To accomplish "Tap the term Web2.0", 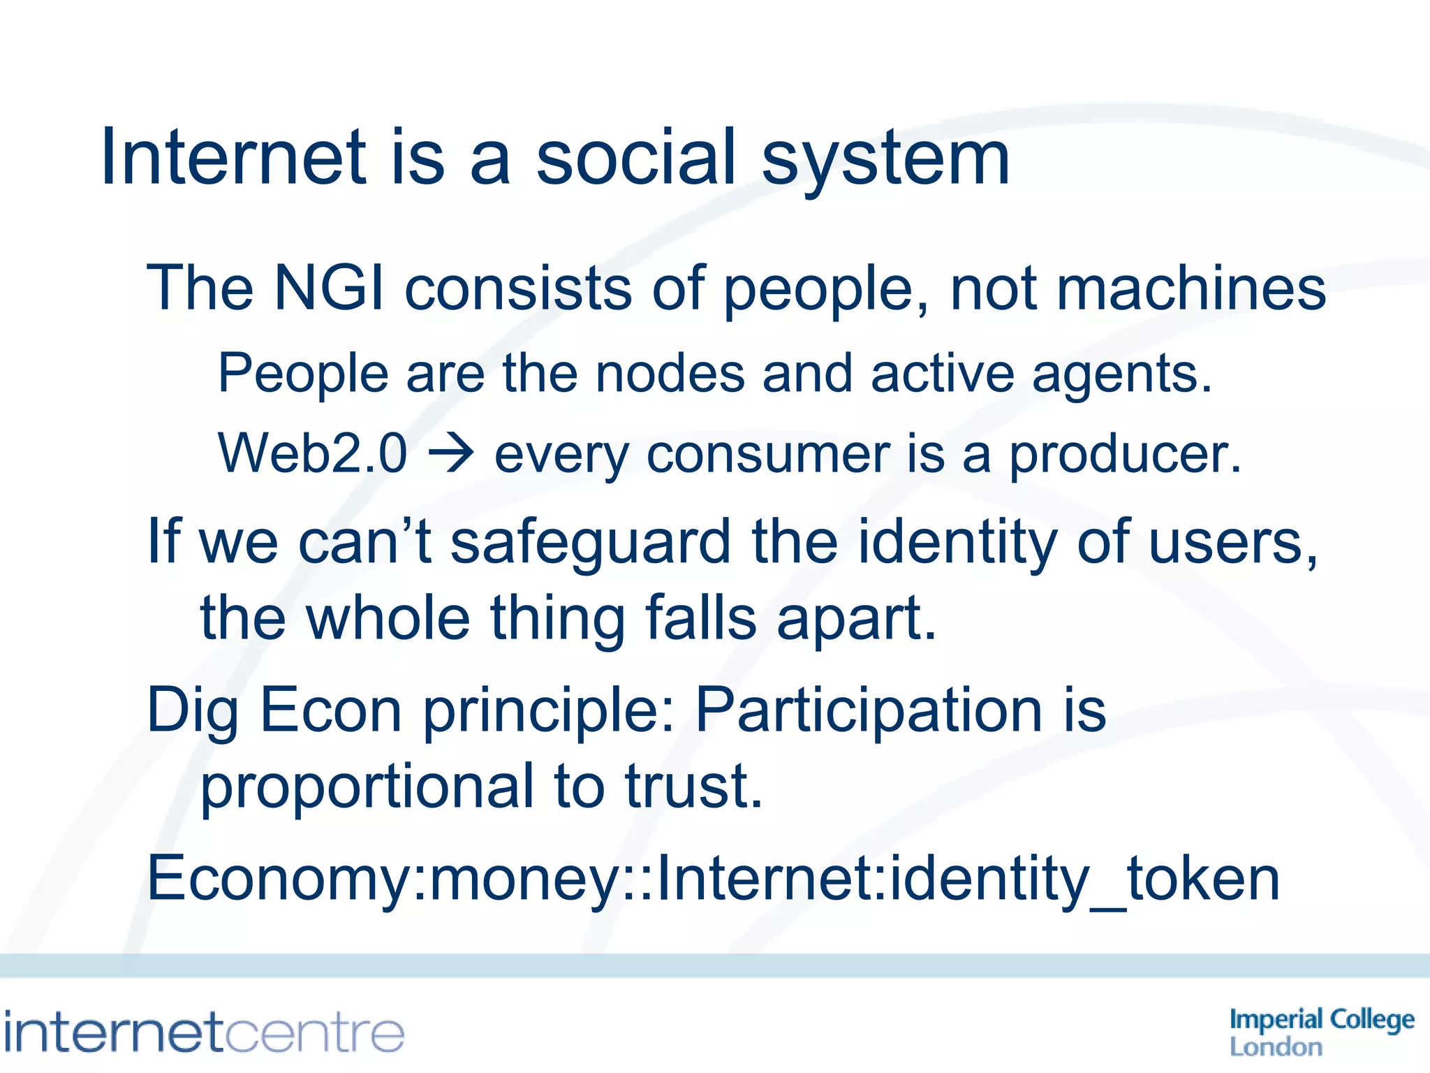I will click(312, 453).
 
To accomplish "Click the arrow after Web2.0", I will click(451, 455).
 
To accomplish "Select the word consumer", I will click(768, 455).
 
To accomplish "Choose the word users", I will click(1232, 543).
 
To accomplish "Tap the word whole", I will click(388, 618).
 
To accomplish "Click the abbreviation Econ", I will click(331, 710).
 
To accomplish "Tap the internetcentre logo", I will click(204, 1032).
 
